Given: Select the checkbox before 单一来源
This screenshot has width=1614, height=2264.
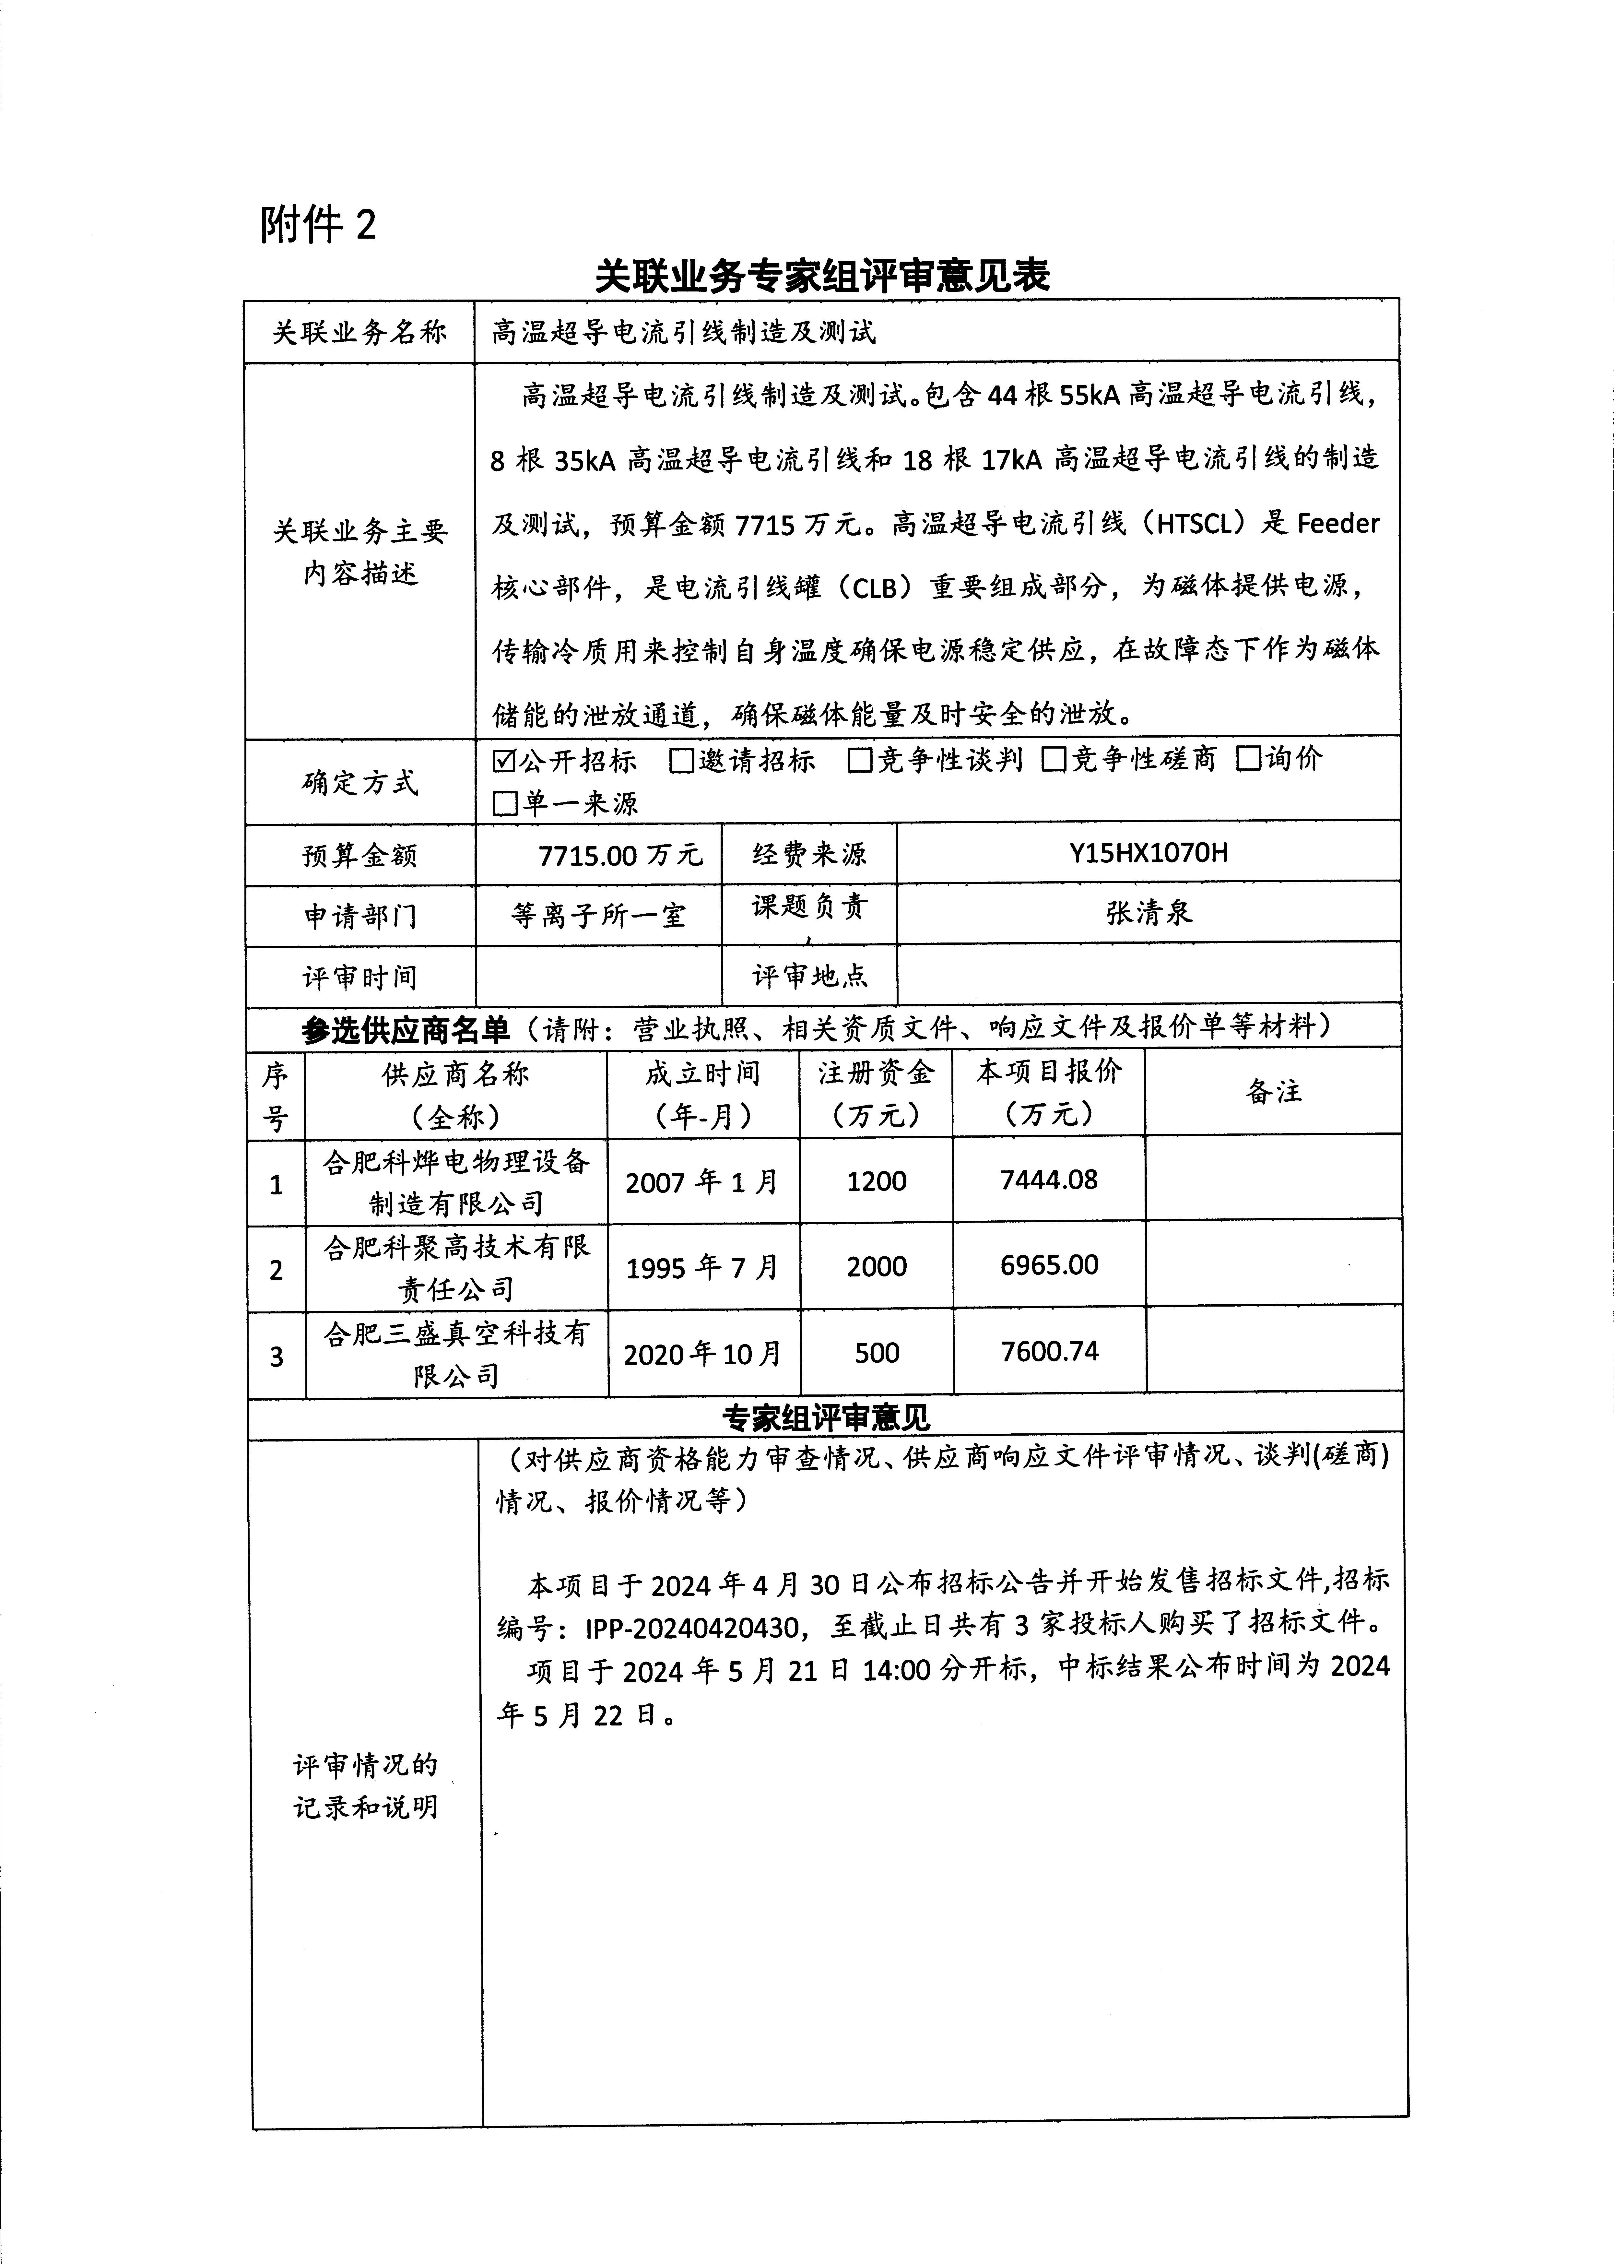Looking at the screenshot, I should pyautogui.click(x=505, y=803).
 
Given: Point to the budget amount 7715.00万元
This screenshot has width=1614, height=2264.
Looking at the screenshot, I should pyautogui.click(x=619, y=855).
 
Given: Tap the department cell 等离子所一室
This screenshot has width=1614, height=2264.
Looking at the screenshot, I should pyautogui.click(x=598, y=914).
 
